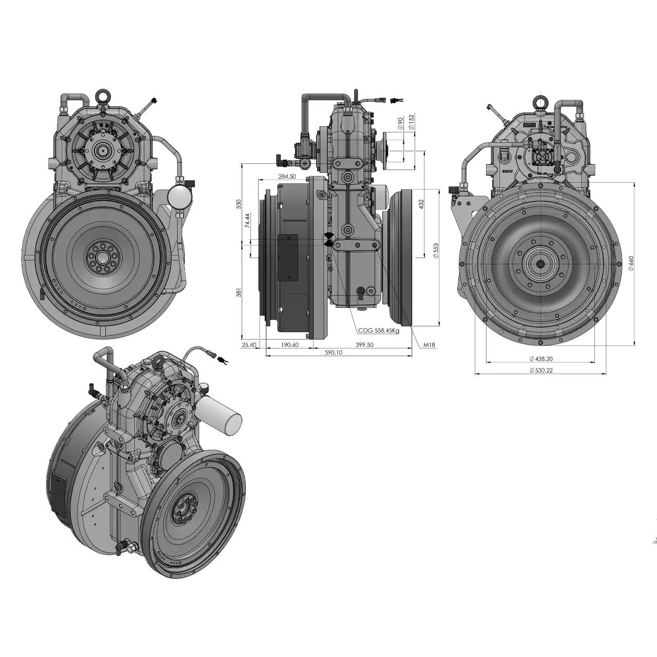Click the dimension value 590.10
tap(334, 353)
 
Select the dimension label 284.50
tap(287, 176)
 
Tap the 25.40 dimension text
tap(249, 345)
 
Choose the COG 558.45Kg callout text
tap(378, 331)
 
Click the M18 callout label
tap(430, 345)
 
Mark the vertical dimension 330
tap(238, 204)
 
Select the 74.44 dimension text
tap(247, 220)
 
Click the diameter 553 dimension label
tap(436, 251)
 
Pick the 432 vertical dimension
tap(421, 204)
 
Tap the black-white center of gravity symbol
tap(328, 239)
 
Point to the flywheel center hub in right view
tap(540, 264)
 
